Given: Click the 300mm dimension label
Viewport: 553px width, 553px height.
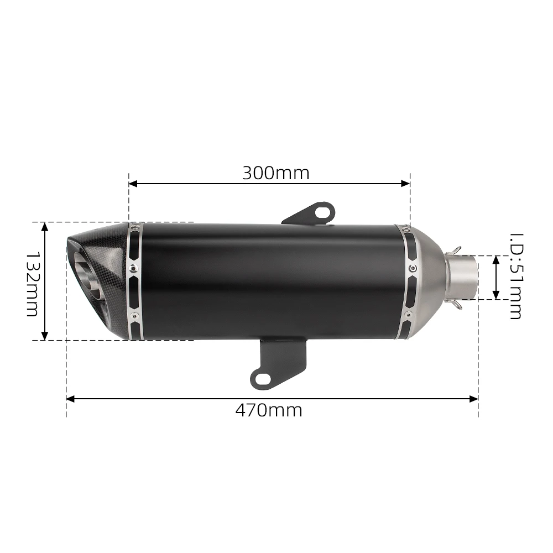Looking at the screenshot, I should click(x=275, y=173).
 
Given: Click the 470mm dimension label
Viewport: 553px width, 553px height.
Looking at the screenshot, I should click(x=269, y=410).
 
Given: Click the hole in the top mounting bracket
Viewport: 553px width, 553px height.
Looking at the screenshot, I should click(x=322, y=211).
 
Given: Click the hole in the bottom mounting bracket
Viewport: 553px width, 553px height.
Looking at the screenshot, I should click(x=263, y=378).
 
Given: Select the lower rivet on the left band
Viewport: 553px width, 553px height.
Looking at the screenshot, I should click(x=133, y=316).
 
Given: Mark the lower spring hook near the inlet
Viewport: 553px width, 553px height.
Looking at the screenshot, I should click(x=455, y=304).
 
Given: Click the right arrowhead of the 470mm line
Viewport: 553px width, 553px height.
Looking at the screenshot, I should click(x=474, y=398).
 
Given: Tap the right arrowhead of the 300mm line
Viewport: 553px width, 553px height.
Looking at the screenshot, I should click(x=406, y=183).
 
